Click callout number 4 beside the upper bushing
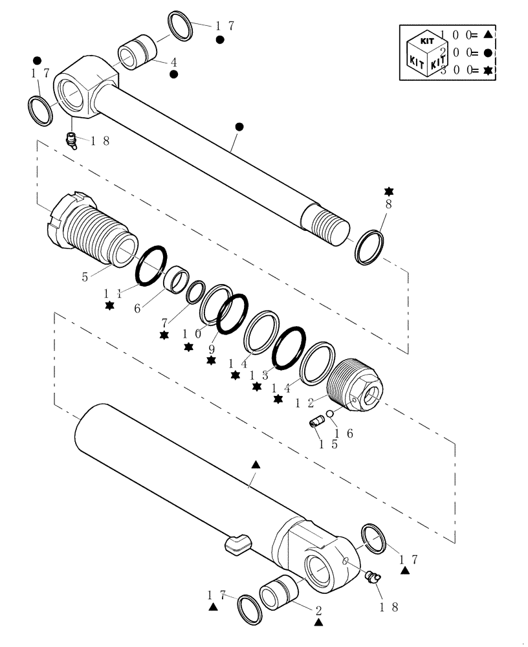(174, 63)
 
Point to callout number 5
(85, 276)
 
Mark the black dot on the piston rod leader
(239, 127)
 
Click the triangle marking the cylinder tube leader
(256, 465)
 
